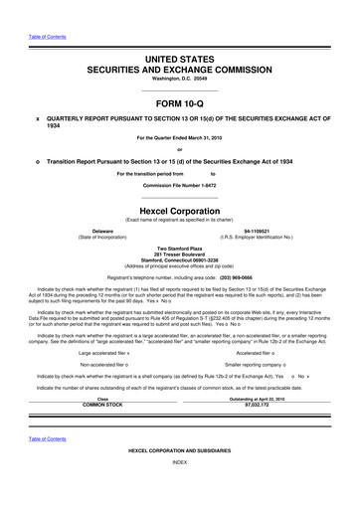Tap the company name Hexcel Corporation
coord(180,211)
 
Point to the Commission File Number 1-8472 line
coord(180,186)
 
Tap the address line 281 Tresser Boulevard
coord(180,253)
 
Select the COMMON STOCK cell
coord(101,406)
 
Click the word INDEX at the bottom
coord(180,491)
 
